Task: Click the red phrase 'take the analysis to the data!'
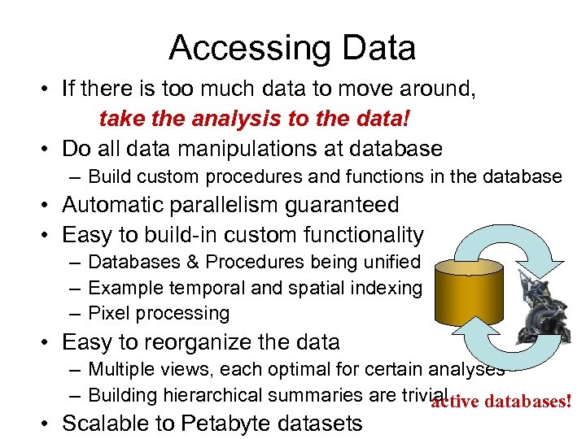254,120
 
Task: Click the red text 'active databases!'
501,402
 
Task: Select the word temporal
193,287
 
